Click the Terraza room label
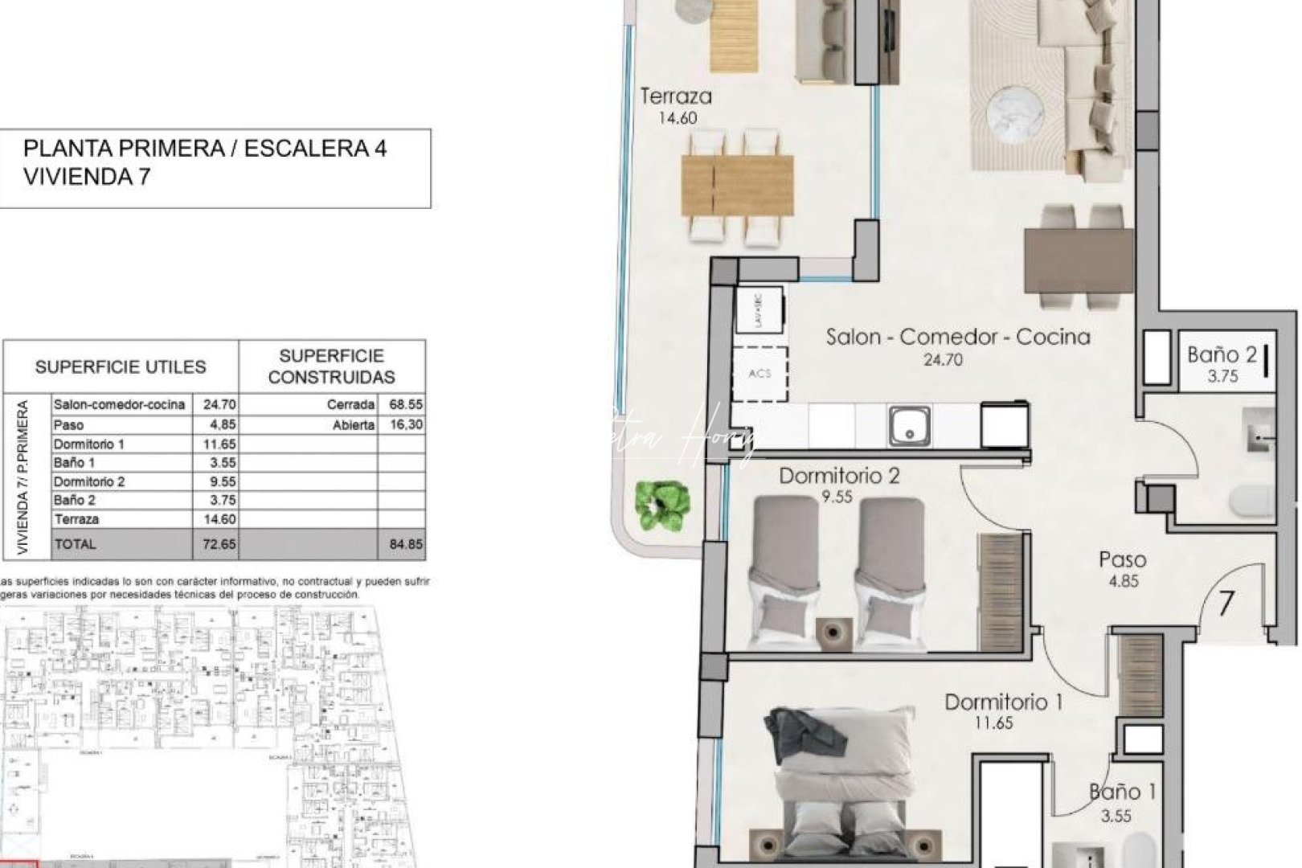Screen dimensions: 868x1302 click(x=676, y=97)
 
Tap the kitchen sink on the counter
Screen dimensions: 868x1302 click(x=910, y=425)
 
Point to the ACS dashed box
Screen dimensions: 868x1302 click(x=759, y=374)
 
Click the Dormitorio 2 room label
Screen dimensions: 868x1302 click(x=839, y=476)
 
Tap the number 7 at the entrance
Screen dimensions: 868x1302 click(x=1226, y=604)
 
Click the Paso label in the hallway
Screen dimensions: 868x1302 click(x=1123, y=560)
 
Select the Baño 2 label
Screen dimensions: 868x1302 click(x=1222, y=354)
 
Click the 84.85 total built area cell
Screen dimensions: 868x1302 click(x=405, y=544)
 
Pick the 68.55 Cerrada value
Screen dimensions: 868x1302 click(x=405, y=405)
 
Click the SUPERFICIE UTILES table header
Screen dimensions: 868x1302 click(x=121, y=367)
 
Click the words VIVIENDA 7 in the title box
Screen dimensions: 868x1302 click(x=87, y=177)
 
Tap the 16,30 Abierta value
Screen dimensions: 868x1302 click(x=405, y=424)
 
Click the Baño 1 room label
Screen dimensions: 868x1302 click(x=1122, y=792)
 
